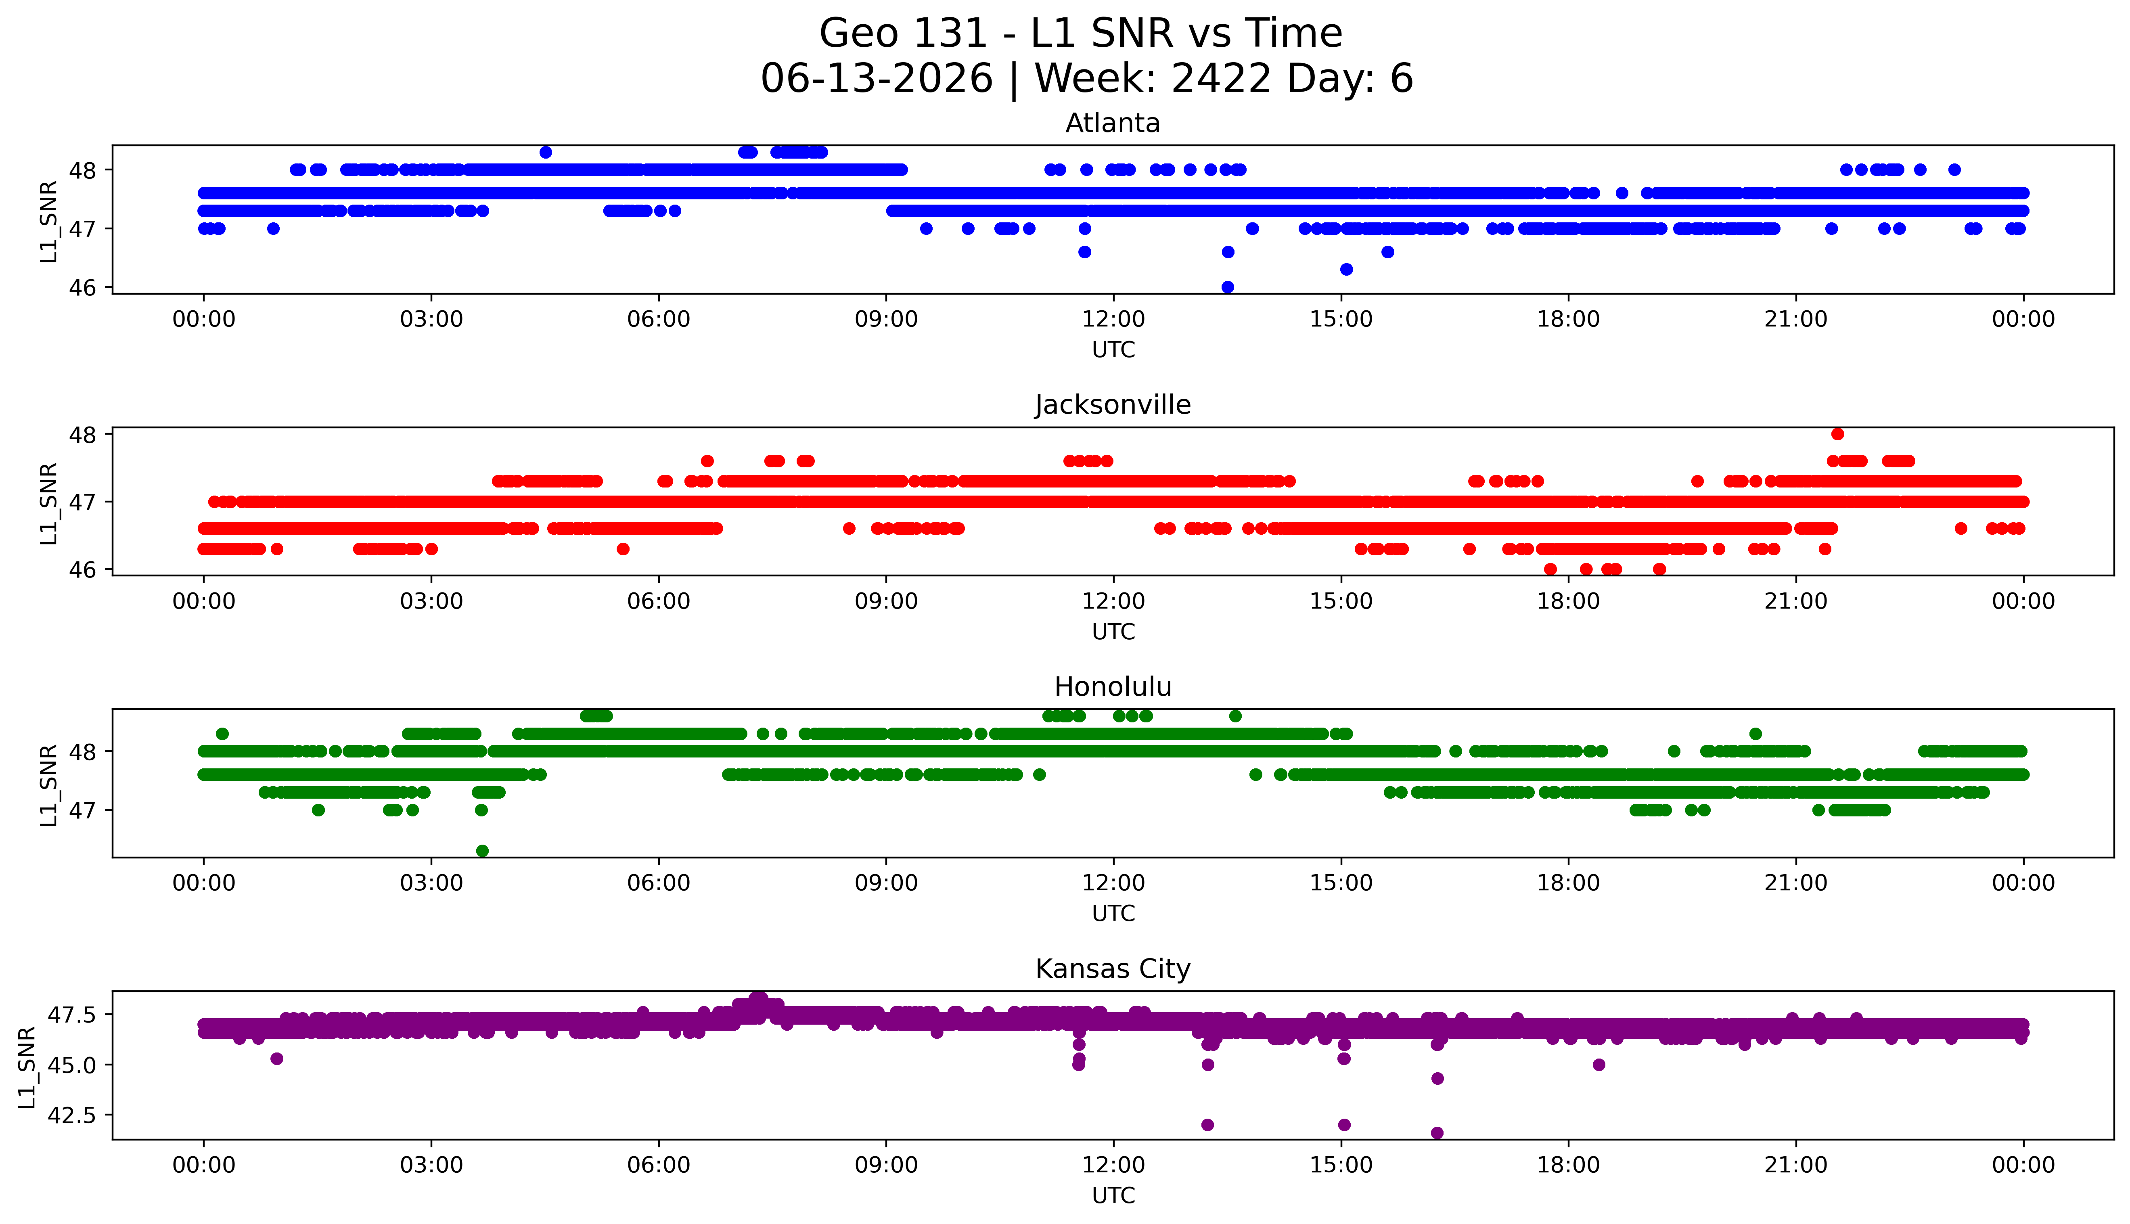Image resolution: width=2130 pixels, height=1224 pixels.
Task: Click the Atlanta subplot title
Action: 1113,123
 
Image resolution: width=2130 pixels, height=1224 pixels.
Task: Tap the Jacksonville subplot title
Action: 1113,405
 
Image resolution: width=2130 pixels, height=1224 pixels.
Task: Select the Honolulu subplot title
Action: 1113,687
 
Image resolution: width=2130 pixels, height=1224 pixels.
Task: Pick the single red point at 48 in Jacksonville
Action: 1837,434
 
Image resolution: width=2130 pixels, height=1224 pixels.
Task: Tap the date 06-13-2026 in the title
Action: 877,79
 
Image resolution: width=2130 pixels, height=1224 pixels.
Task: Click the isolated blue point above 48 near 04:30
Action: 546,152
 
